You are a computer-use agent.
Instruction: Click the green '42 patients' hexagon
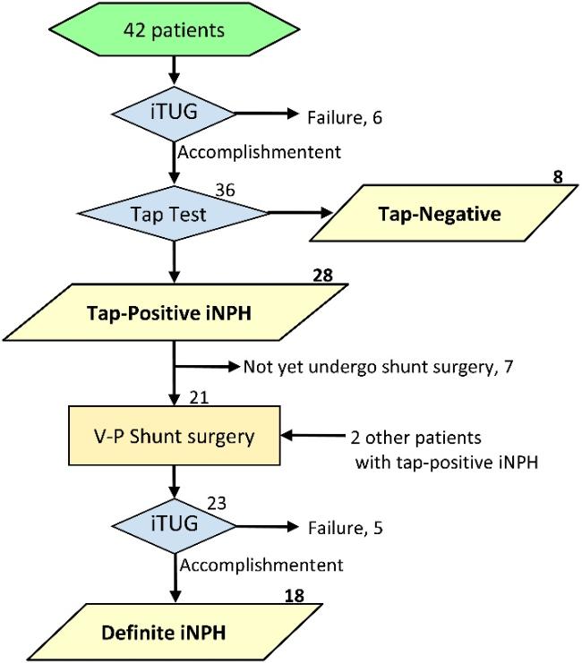point(174,30)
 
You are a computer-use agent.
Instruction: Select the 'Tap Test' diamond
point(174,213)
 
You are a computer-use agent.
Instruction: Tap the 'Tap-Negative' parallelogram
point(443,213)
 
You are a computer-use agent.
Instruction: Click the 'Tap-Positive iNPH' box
point(175,312)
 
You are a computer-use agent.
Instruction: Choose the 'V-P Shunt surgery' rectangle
point(175,436)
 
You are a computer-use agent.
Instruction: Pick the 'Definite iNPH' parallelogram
point(175,632)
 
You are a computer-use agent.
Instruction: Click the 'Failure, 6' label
point(345,117)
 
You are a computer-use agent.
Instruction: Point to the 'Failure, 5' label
point(345,528)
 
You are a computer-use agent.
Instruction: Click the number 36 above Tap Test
point(225,191)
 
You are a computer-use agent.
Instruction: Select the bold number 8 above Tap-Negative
point(558,177)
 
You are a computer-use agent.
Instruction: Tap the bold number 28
point(323,276)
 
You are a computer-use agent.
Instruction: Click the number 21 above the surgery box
point(199,398)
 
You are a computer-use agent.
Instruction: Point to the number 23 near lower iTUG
point(217,503)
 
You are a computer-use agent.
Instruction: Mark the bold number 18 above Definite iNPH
point(295,596)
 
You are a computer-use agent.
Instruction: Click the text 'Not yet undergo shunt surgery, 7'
point(378,367)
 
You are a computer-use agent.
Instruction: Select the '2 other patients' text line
point(415,438)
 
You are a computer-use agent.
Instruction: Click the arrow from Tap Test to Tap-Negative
point(300,213)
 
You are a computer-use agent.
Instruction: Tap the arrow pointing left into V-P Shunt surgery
point(312,436)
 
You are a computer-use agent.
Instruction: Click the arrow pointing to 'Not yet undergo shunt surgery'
point(208,366)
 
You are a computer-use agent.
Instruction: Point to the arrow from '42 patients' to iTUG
point(174,70)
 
